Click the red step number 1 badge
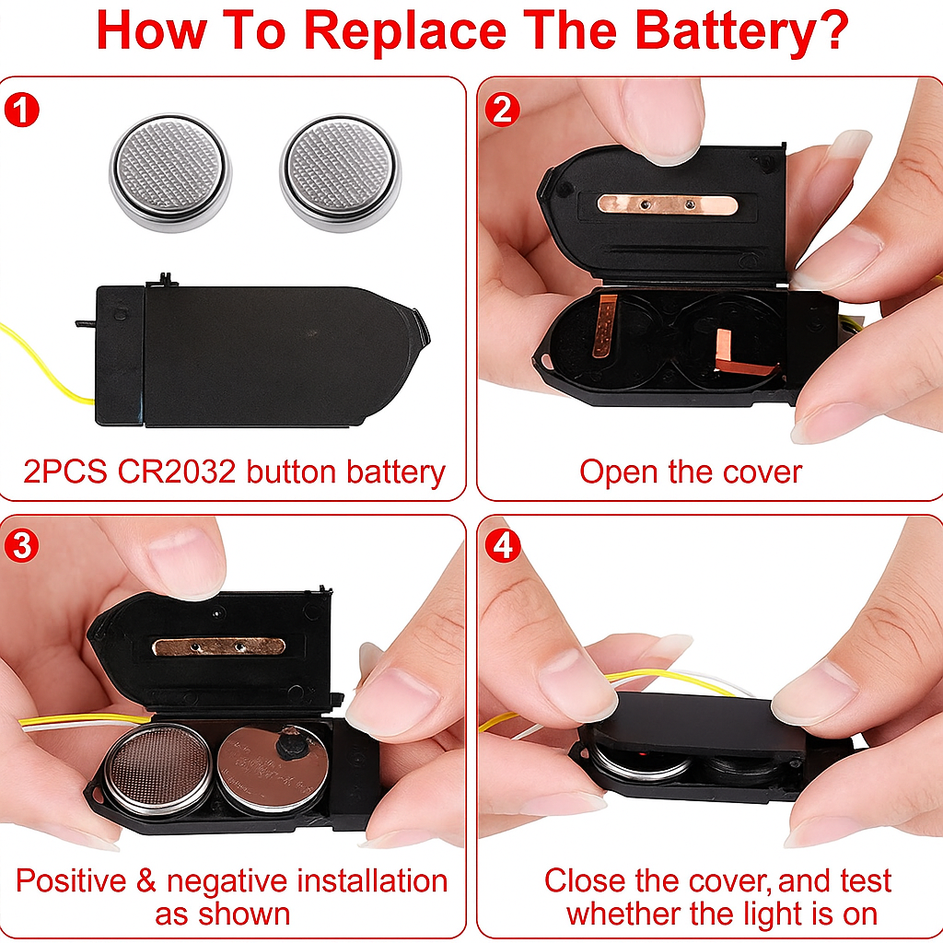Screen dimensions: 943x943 click(22, 111)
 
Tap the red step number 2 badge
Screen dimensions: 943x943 click(502, 110)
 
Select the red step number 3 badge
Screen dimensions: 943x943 click(22, 545)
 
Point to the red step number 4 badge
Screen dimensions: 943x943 click(503, 545)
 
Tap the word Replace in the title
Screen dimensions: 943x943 click(406, 31)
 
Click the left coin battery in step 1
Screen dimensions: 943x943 click(170, 171)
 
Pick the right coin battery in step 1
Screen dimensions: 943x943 click(341, 172)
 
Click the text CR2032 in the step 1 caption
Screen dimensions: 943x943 click(176, 471)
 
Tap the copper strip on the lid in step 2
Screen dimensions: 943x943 click(668, 204)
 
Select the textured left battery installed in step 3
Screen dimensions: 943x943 click(159, 769)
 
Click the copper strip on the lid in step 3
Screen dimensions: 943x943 click(219, 646)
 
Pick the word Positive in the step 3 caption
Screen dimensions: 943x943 click(71, 881)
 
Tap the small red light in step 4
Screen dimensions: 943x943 click(642, 753)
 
